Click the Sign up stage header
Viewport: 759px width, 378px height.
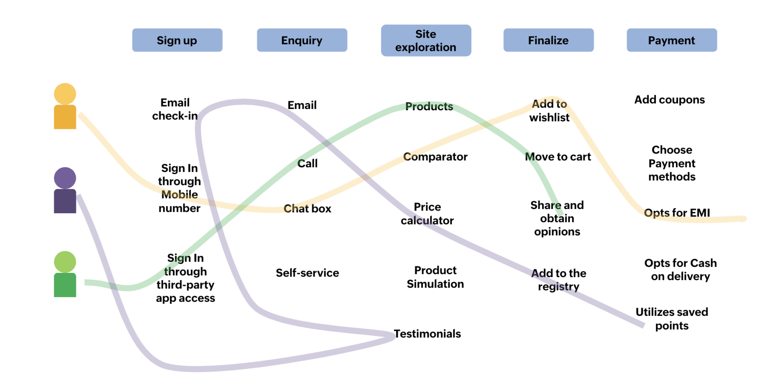point(177,40)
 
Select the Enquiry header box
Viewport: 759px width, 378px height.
point(302,40)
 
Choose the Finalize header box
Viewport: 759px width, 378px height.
point(548,40)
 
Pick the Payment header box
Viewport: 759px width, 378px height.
point(671,40)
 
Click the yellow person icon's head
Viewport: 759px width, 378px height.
point(65,94)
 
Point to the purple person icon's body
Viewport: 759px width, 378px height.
point(65,201)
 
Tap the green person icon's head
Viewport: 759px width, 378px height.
point(65,262)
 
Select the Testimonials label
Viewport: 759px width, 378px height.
point(427,334)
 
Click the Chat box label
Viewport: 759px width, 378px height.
point(307,208)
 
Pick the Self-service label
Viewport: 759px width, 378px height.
point(307,273)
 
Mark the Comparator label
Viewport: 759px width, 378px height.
point(435,157)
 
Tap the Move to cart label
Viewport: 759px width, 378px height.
point(558,157)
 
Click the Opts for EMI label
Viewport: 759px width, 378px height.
point(677,213)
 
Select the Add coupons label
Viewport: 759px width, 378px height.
point(669,100)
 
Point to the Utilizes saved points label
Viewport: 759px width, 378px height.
point(672,319)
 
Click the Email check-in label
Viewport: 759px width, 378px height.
point(175,109)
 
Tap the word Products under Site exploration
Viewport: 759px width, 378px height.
point(429,106)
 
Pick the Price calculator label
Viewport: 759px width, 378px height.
point(427,213)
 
